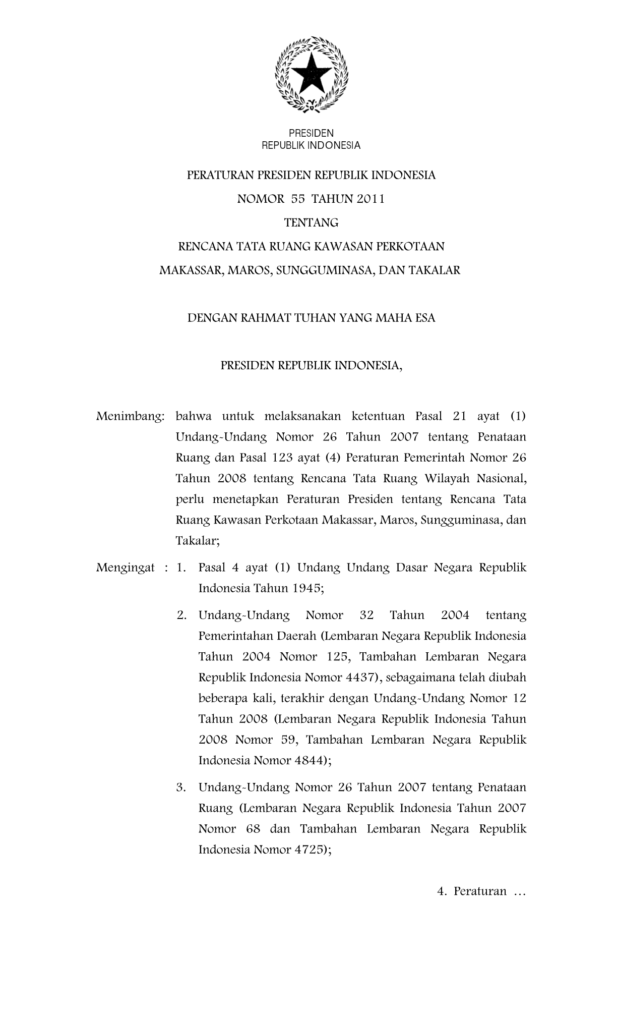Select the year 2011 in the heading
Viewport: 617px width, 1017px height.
tap(371, 199)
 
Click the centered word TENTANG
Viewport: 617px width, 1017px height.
tap(311, 222)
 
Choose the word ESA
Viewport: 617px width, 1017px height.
tap(424, 318)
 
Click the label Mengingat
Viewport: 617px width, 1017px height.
tap(126, 568)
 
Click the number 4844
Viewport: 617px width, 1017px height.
tap(306, 761)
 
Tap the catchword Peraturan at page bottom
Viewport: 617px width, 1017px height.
tap(480, 892)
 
